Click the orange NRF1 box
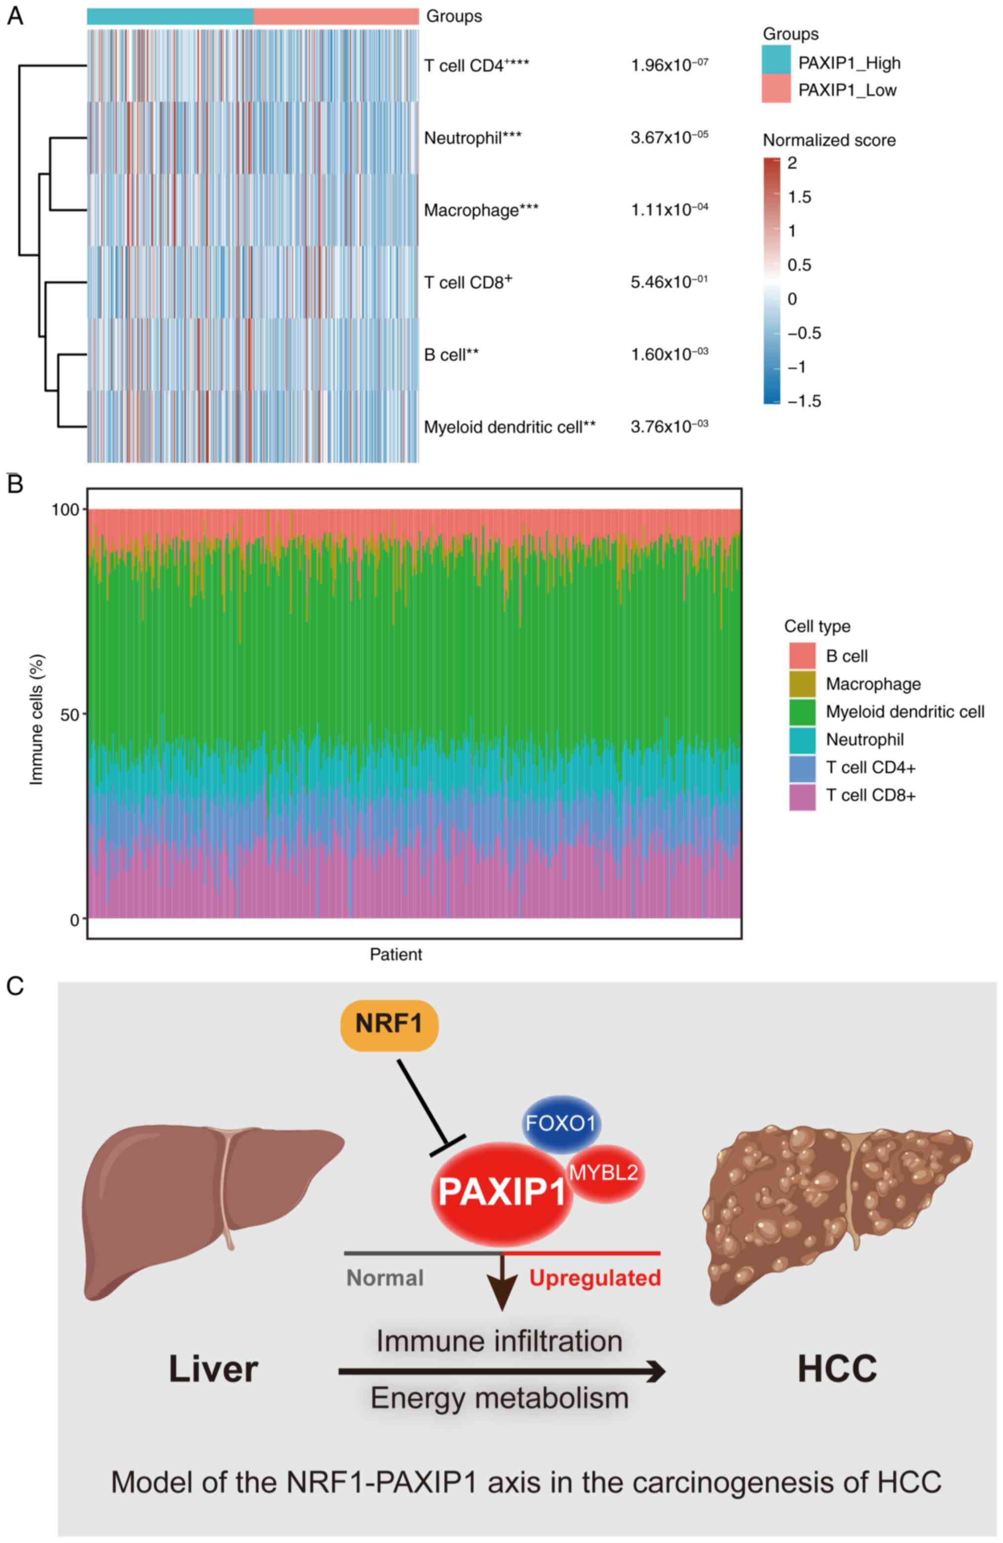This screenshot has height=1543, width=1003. [x=389, y=1024]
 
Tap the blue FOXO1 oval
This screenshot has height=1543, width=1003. [x=561, y=1123]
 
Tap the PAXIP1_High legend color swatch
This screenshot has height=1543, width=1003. [x=776, y=59]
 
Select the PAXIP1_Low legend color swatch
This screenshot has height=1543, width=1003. [x=776, y=88]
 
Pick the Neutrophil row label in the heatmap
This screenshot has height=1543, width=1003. [x=472, y=138]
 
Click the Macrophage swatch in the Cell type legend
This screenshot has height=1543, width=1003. [x=802, y=684]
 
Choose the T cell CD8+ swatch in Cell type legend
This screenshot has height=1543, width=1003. [x=802, y=795]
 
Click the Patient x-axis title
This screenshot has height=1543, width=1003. [x=395, y=954]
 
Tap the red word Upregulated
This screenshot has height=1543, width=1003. [x=594, y=1278]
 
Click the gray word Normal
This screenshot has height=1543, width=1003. [x=385, y=1278]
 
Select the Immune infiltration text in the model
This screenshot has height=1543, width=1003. [x=499, y=1341]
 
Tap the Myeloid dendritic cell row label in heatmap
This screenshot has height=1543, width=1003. [x=509, y=427]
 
